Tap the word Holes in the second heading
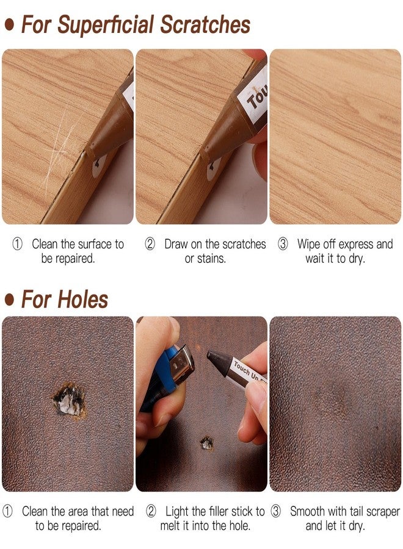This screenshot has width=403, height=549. point(83,300)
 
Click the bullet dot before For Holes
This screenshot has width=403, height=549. point(9,300)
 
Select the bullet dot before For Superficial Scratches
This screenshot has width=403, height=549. point(9,25)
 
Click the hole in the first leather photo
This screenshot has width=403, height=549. point(68,400)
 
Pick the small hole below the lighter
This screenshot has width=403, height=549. point(207,442)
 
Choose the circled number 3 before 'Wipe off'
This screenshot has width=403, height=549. point(283,245)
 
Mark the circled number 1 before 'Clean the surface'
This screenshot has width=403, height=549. point(18,245)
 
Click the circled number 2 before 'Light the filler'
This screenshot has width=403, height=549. point(150,511)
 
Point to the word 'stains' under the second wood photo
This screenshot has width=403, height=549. point(210,259)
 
